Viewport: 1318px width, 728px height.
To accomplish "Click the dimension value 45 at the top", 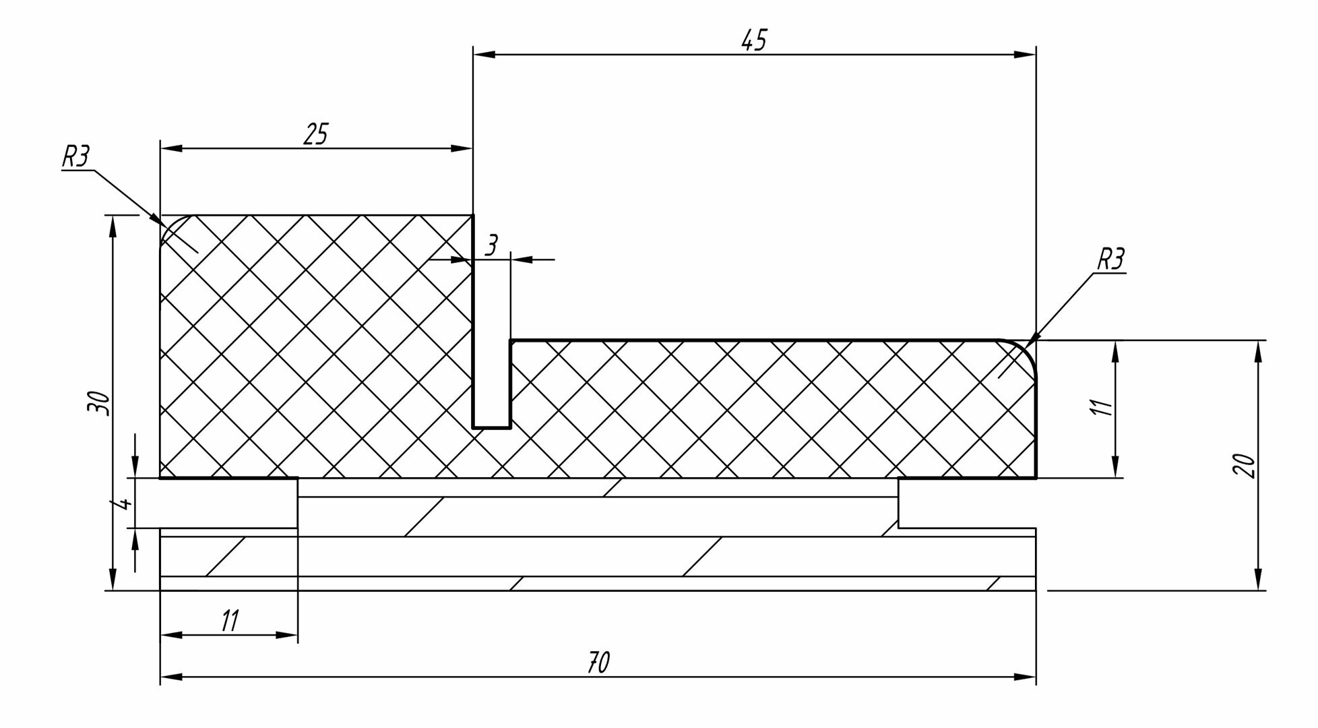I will click(753, 41).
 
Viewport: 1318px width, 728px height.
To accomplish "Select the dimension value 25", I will click(315, 134).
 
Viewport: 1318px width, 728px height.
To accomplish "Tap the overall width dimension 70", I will click(598, 663).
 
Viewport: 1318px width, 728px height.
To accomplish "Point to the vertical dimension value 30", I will click(98, 402).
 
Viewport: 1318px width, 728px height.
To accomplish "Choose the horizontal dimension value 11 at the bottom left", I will click(230, 621).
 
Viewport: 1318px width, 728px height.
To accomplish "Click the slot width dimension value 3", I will click(491, 246).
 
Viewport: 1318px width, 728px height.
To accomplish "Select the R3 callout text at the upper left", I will click(75, 156).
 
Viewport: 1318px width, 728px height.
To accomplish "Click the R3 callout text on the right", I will click(1110, 260).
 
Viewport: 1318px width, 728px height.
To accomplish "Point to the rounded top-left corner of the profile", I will click(168, 224).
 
